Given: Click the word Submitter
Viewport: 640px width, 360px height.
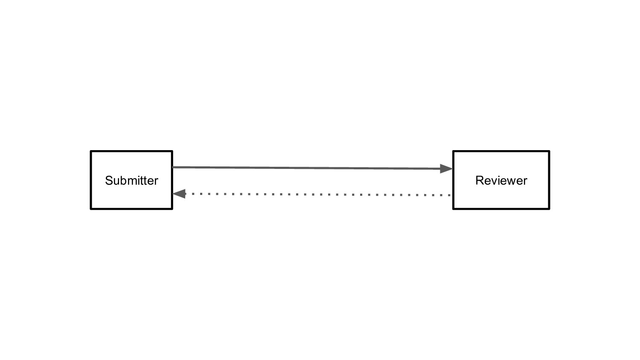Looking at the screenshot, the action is pos(131,180).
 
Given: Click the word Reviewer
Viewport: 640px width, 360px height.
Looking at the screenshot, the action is pos(501,180).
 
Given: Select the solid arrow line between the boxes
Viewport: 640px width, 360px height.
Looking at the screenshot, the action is pos(312,168).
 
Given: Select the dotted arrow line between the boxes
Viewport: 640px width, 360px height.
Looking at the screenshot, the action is pos(312,194).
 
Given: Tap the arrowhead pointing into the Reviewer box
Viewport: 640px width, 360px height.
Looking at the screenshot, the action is pos(446,168).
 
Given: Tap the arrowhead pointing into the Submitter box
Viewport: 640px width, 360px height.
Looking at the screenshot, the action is pos(179,194).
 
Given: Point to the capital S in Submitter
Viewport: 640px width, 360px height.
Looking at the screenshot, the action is pos(109,180).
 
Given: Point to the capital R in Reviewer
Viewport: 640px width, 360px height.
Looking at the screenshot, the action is pos(480,180).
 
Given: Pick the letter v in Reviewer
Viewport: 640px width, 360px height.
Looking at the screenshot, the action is pos(495,182).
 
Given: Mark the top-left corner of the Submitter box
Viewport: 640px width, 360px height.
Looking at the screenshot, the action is pos(91,151).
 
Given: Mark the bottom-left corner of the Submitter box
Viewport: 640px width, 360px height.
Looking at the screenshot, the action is pos(91,209).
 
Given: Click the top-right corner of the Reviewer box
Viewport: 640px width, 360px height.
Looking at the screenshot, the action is pos(549,151).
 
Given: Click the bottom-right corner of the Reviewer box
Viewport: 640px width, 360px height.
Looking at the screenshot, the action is pos(549,209).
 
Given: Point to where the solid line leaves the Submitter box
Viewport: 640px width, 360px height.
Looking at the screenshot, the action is pos(173,167).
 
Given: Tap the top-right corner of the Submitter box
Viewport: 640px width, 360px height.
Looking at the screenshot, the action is pos(172,151).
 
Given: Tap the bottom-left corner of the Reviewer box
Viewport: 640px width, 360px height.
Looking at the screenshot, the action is pos(454,209).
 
